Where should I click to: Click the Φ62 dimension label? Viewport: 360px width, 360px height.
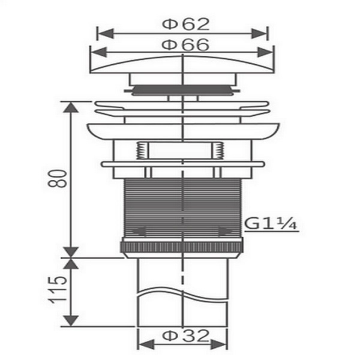pos(186,25)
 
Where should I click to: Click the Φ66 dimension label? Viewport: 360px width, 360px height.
pos(185,45)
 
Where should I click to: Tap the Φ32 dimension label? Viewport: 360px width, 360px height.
pos(186,336)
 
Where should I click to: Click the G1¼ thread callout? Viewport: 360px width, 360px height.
pos(271,224)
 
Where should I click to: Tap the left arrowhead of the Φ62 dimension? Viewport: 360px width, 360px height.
pos(106,34)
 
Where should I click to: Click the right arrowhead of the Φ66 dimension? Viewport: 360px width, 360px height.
pos(265,52)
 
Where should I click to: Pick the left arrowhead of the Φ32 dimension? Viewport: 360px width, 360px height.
pos(146,344)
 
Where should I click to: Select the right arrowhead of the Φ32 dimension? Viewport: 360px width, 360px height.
pos(218,344)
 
